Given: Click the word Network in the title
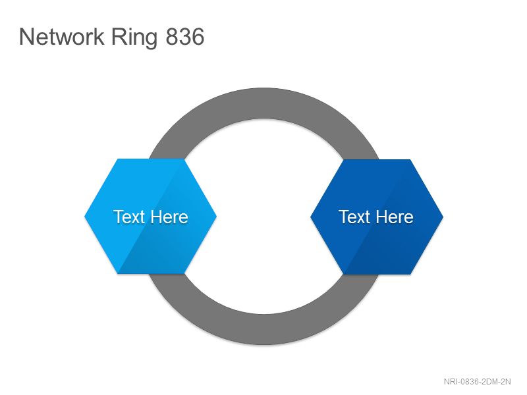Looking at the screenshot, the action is click(62, 36).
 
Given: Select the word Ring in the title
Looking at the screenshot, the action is click(134, 38).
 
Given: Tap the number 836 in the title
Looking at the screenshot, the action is click(185, 37).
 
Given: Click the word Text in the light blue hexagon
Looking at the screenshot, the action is click(129, 217).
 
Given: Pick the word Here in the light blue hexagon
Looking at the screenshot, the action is click(169, 217).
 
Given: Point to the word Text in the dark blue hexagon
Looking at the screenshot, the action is click(354, 217).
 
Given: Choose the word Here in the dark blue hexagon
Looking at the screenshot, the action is click(395, 217).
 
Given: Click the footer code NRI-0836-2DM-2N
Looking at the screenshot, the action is click(477, 382).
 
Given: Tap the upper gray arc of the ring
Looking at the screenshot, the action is click(264, 103).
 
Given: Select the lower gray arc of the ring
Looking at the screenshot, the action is click(264, 330).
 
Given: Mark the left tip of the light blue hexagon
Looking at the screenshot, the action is click(84, 217).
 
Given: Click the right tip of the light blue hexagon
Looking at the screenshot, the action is click(217, 217).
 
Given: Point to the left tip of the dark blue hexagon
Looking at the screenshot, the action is click(310, 217).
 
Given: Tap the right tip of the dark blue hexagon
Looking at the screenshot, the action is click(443, 217).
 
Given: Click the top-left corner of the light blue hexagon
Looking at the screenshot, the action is click(117, 159).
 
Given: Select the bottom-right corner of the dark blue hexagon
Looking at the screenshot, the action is click(410, 274).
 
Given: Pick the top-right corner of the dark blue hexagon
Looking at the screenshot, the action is click(410, 159).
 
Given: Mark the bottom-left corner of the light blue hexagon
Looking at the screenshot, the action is click(117, 273).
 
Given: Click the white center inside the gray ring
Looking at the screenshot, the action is click(264, 217).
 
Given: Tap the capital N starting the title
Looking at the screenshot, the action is click(26, 36).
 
